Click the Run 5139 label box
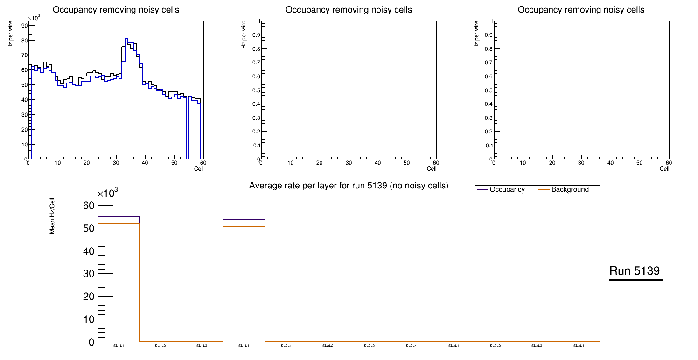tap(635, 270)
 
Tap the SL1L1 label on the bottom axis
tap(119, 346)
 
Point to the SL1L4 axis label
tap(244, 346)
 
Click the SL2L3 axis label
tap(370, 346)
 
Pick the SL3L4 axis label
tap(579, 346)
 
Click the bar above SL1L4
tap(244, 280)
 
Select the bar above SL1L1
tap(119, 280)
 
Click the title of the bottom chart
tap(349, 186)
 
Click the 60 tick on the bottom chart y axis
tap(88, 206)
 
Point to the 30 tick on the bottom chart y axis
tap(88, 274)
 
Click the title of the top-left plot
tap(116, 10)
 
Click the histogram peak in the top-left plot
tap(126, 39)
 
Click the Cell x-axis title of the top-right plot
tap(664, 169)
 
